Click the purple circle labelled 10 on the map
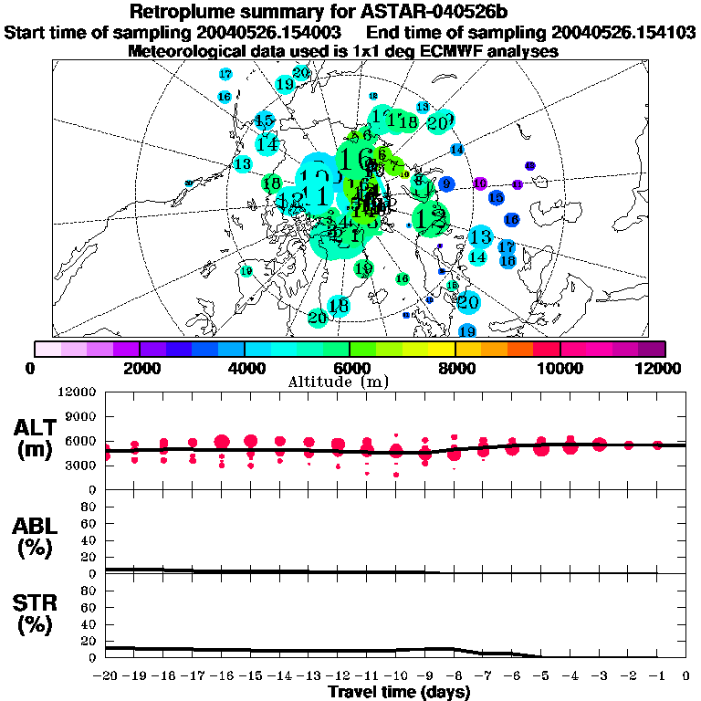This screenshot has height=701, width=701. pos(480,183)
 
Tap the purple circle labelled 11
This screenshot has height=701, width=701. pos(518,184)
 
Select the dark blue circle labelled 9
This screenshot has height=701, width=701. pos(446,183)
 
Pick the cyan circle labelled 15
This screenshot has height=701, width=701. pos(265,120)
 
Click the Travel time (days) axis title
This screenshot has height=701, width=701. pos(399,692)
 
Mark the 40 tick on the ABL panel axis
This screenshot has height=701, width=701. pos(90,540)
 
